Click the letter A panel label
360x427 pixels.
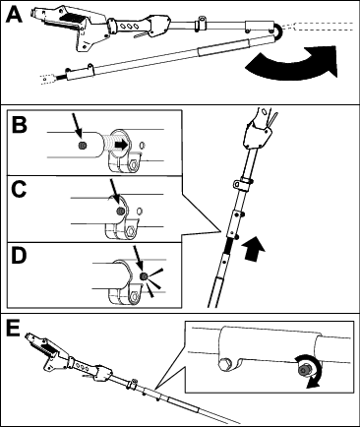14,15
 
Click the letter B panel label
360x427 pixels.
20,125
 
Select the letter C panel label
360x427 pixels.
19,190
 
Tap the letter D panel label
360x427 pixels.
19,256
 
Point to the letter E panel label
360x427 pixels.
14,329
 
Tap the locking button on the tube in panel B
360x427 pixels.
83,146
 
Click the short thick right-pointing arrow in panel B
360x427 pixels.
121,145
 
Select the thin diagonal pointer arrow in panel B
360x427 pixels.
77,126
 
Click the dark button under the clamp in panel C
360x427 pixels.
121,212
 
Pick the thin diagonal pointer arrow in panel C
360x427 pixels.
115,193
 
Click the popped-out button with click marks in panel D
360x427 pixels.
143,276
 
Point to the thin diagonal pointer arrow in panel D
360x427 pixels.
138,259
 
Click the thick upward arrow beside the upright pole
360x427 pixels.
253,250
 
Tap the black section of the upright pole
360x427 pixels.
228,245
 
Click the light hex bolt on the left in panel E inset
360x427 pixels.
225,365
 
